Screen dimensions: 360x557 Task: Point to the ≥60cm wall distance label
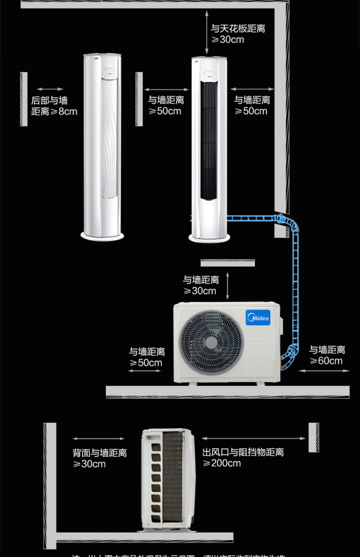(326, 361)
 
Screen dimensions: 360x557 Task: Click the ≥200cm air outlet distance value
(222, 463)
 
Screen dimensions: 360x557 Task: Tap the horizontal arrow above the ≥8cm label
(50, 89)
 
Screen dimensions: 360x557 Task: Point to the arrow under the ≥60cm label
(324, 371)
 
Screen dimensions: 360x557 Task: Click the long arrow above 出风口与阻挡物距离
(254, 439)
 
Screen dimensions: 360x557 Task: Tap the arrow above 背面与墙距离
(98, 439)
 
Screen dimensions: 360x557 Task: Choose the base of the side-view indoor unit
(102, 235)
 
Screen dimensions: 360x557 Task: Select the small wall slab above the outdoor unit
(227, 263)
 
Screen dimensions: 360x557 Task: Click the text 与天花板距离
(238, 29)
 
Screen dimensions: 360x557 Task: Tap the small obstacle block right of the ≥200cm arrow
(314, 437)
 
